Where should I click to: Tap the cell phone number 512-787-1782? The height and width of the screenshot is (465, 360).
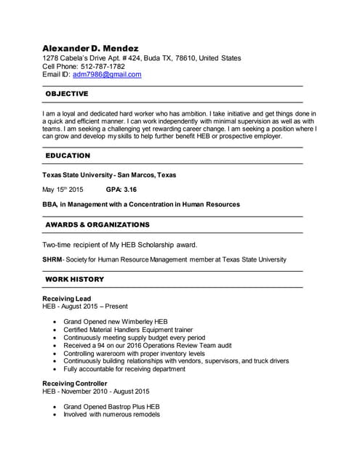click(104, 66)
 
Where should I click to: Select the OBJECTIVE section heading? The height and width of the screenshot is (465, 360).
click(67, 94)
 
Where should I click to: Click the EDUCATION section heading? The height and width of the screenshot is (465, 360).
click(68, 155)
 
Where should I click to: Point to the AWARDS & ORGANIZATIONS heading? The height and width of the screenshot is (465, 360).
click(97, 225)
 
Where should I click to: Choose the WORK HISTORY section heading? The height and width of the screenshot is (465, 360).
click(75, 279)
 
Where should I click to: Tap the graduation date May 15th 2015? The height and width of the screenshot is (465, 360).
click(63, 190)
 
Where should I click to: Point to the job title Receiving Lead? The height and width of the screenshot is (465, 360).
click(67, 299)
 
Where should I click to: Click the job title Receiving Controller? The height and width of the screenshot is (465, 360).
click(76, 382)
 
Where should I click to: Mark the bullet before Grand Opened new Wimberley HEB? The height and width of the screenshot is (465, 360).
click(55, 321)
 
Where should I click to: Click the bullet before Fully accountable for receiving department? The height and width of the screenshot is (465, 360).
click(55, 369)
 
